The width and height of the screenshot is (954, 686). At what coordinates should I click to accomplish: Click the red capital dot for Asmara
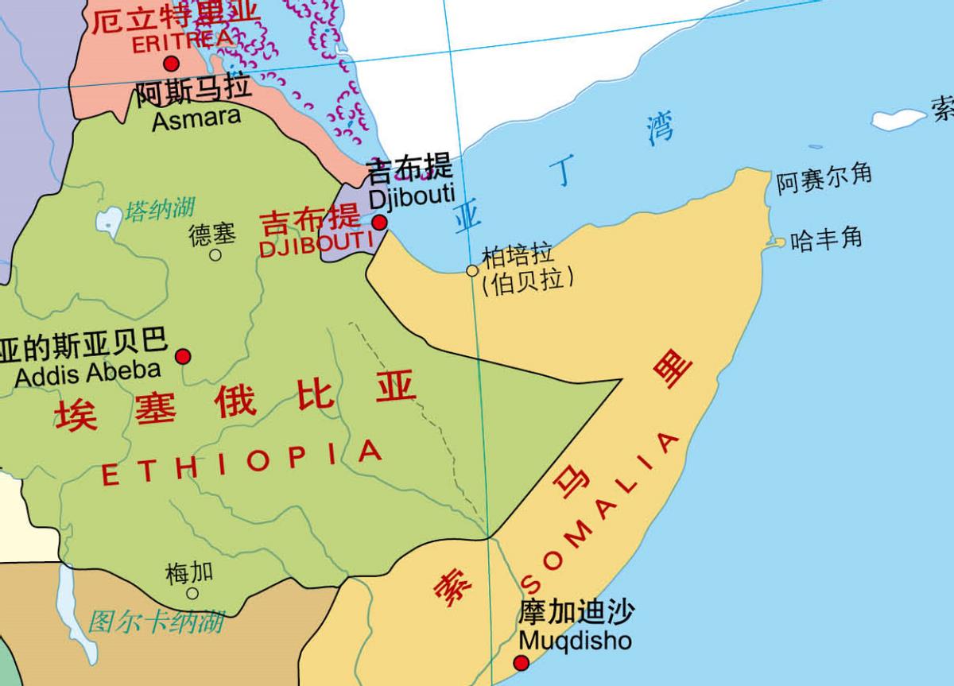(x=171, y=64)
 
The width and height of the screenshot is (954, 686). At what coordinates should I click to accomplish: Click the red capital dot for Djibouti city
(x=380, y=222)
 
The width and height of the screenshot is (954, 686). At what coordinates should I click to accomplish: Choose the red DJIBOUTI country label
(x=316, y=246)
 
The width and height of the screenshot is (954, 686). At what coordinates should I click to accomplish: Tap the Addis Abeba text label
(x=87, y=370)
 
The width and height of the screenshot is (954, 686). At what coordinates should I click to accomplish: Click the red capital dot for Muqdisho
(x=522, y=663)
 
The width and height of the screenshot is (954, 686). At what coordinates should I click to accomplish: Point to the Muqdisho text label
(x=575, y=640)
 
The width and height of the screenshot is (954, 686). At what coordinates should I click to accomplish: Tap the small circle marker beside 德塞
(x=215, y=255)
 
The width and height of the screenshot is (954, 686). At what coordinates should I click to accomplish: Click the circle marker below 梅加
(x=192, y=593)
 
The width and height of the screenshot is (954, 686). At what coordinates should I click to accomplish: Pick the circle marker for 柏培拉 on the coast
(x=472, y=271)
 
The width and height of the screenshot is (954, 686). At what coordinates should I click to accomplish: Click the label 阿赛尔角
(x=824, y=178)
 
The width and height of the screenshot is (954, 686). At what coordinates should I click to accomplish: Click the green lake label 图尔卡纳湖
(x=156, y=622)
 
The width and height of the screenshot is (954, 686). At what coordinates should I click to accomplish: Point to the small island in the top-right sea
(x=899, y=119)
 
